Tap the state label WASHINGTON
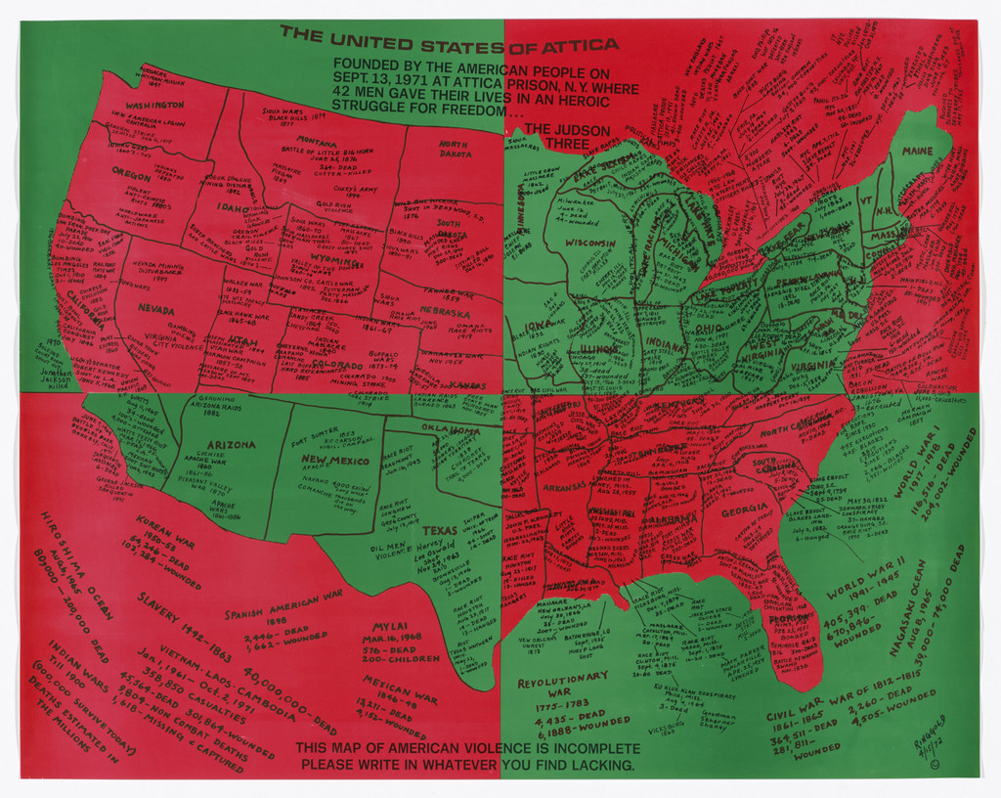click(153, 105)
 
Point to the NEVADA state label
click(155, 308)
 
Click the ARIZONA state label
click(232, 444)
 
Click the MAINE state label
click(917, 152)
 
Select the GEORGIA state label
click(744, 509)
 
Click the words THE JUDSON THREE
click(567, 136)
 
